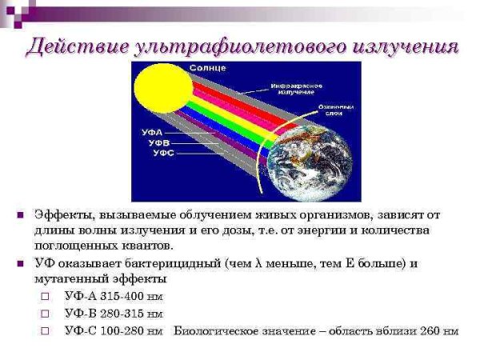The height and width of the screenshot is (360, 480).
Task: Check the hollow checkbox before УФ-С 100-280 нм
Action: click(46, 330)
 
